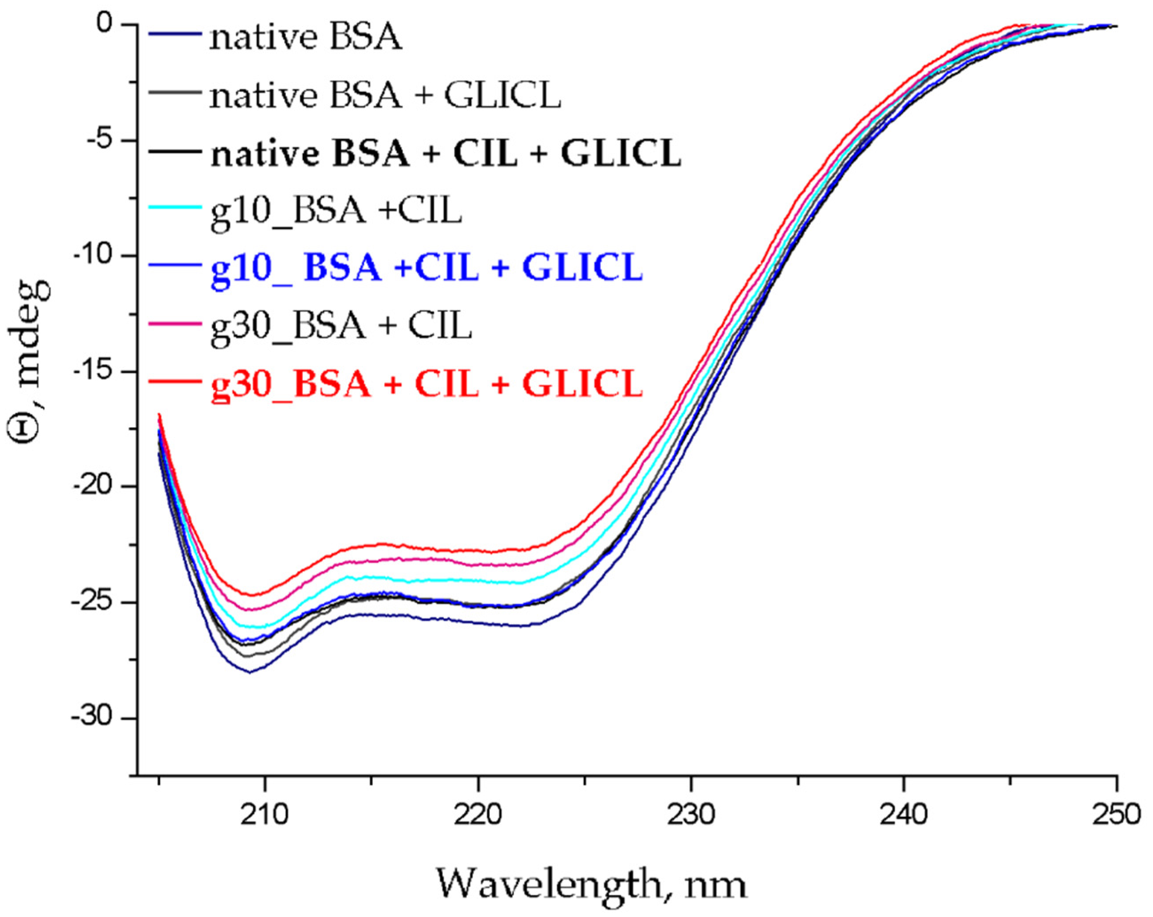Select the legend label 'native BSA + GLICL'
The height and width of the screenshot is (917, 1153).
(385, 96)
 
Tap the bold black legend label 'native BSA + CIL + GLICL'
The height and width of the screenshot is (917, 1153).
(446, 153)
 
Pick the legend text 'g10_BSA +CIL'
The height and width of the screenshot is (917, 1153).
(336, 212)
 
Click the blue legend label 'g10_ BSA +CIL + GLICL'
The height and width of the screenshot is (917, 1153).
(426, 269)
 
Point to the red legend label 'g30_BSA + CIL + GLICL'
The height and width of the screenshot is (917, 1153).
(426, 384)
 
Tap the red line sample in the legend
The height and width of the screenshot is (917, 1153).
(175, 381)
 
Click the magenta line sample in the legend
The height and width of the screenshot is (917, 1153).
(175, 324)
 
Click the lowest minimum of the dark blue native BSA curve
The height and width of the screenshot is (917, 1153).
(250, 672)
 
